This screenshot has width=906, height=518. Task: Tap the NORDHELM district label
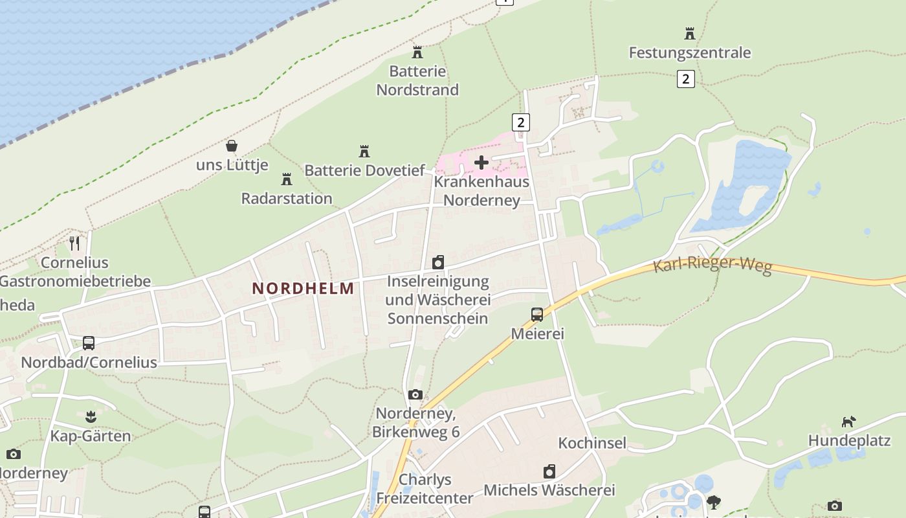[304, 289]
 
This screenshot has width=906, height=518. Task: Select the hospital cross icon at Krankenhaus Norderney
[481, 162]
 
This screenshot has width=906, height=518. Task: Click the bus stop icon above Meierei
[537, 315]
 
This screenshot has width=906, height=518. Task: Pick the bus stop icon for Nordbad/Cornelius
[89, 343]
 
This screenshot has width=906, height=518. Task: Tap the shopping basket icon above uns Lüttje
[232, 146]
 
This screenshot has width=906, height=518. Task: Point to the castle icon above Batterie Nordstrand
[417, 52]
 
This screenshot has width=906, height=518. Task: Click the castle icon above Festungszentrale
[690, 33]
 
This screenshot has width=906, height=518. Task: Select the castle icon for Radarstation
[287, 179]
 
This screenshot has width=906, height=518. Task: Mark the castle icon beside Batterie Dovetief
[364, 152]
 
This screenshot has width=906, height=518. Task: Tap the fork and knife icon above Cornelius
[75, 243]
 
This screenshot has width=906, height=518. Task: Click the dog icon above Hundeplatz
[848, 422]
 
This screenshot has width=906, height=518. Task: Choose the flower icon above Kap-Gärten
[91, 416]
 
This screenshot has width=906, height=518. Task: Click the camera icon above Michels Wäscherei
[549, 471]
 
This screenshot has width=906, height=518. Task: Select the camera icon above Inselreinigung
[438, 262]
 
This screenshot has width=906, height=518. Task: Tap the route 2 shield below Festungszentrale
[685, 79]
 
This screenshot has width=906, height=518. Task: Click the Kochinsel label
[592, 444]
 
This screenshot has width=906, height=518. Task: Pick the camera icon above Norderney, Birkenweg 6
[415, 394]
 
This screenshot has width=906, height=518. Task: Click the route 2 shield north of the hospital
[520, 122]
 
